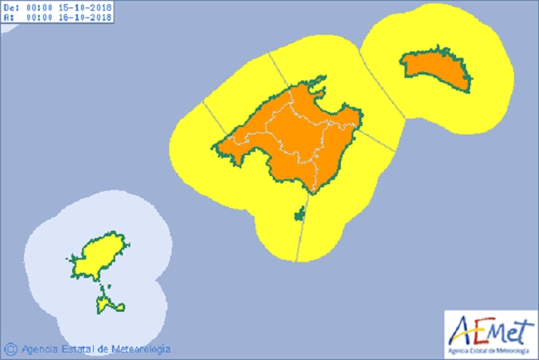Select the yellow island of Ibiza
[100, 253]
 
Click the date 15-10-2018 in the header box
[86, 7]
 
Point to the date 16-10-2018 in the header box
[86, 17]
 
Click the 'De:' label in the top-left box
[11, 7]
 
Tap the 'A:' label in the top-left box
[9, 17]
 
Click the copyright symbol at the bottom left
[11, 348]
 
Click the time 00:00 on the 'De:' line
[40, 7]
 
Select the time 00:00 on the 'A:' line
[40, 17]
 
